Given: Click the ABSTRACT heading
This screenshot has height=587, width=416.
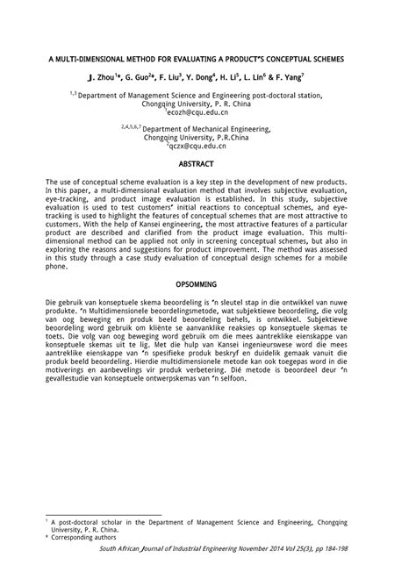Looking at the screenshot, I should coord(208,163).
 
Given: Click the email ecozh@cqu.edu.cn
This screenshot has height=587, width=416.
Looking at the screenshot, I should coord(208,113).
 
